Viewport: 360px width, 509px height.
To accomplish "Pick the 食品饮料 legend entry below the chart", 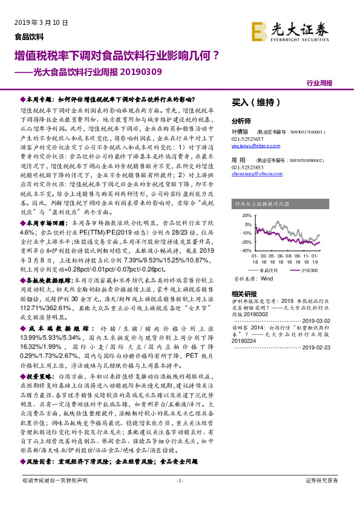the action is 267,270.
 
